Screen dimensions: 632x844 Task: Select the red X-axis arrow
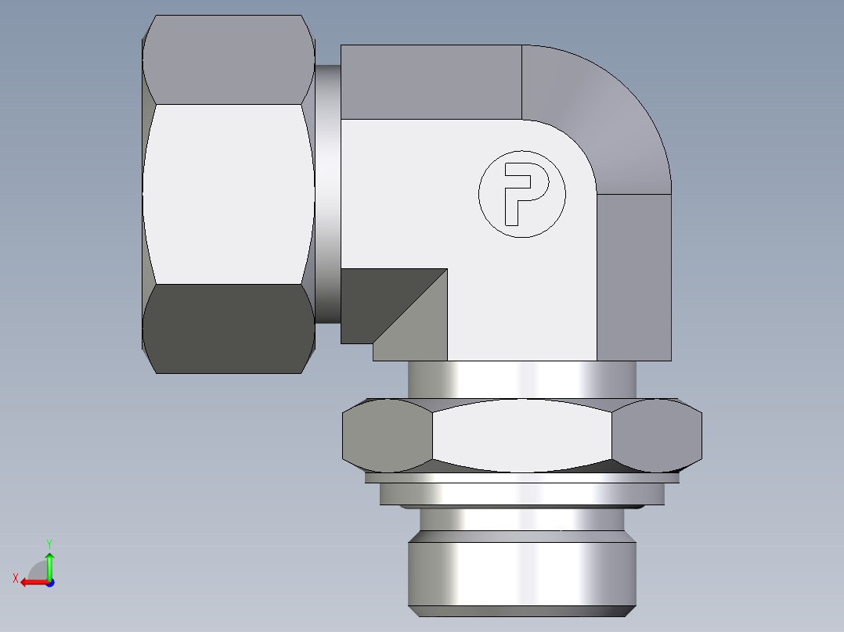(32, 582)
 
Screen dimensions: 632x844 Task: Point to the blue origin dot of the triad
(49, 582)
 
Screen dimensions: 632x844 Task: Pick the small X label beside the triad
(15, 578)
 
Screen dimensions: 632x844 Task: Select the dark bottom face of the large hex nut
(227, 329)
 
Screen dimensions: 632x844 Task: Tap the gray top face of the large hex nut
(227, 59)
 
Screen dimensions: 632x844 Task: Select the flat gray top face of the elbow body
(431, 81)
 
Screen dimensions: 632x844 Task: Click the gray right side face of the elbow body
(633, 278)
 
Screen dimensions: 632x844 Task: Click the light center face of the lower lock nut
(521, 436)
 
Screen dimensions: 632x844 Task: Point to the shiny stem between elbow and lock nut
(521, 379)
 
